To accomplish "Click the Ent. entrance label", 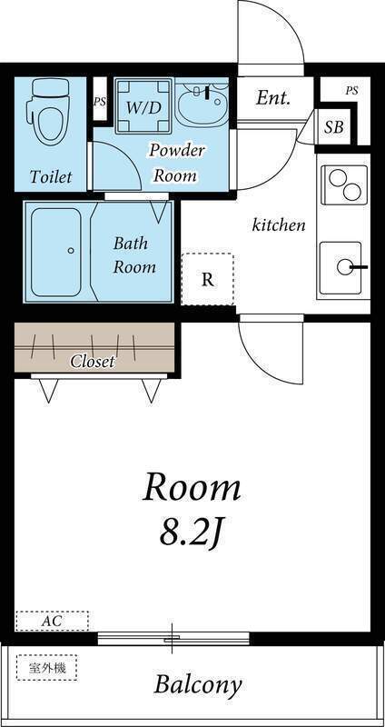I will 273,98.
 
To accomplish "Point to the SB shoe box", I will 333,127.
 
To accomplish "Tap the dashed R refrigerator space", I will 208,279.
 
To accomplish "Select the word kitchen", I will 279,224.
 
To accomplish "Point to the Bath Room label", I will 134,255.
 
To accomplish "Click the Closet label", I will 93,362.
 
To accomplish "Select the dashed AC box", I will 52,622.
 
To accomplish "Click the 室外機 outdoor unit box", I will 47,668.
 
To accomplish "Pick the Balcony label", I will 197,684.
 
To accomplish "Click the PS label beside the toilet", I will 100,102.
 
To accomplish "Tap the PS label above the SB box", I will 351,91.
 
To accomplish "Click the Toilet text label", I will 51,176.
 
